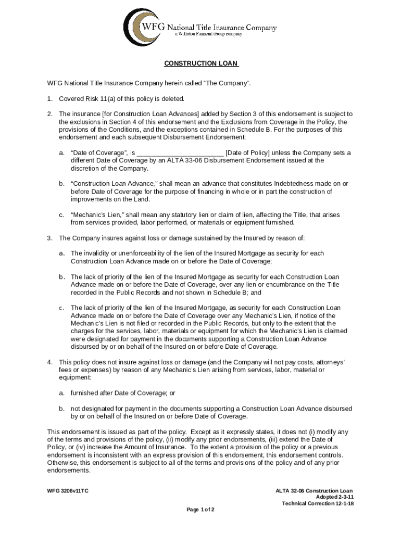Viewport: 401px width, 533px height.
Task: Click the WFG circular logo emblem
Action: pyautogui.click(x=140, y=27)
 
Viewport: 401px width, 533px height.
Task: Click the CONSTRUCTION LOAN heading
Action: pyautogui.click(x=201, y=64)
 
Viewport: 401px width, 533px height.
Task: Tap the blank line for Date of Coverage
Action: pyautogui.click(x=180, y=153)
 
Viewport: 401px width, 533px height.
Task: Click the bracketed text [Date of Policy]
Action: pyautogui.click(x=247, y=153)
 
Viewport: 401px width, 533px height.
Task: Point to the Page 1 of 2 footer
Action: pyautogui.click(x=200, y=509)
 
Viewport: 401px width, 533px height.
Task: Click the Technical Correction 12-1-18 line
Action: pyautogui.click(x=318, y=503)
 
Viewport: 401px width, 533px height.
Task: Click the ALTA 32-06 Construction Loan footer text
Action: pyautogui.click(x=314, y=491)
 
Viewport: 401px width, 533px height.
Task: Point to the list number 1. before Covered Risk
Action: pyautogui.click(x=50, y=99)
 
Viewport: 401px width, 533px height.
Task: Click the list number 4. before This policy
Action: pyautogui.click(x=50, y=362)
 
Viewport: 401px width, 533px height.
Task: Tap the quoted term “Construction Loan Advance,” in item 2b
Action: pyautogui.click(x=106, y=184)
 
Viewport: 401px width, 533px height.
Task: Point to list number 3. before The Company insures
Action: pyautogui.click(x=50, y=238)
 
